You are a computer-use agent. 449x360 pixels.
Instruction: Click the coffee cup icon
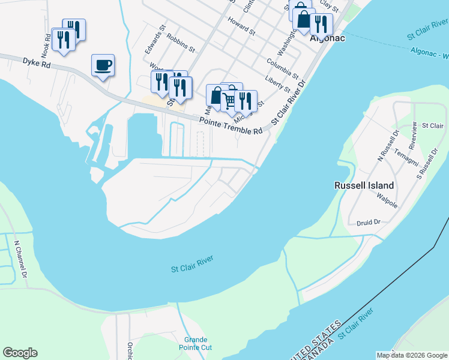103,64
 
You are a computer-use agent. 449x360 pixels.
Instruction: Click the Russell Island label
364,185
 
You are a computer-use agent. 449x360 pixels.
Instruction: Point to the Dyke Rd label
37,62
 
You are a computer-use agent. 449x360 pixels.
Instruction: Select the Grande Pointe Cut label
196,343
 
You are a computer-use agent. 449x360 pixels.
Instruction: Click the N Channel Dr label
20,260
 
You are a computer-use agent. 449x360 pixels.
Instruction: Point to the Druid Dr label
368,223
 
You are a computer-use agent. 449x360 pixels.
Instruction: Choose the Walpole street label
387,200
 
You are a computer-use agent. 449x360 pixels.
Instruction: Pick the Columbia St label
282,68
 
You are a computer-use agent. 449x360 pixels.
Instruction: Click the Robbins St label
181,43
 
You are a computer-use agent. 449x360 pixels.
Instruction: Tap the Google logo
20,353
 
